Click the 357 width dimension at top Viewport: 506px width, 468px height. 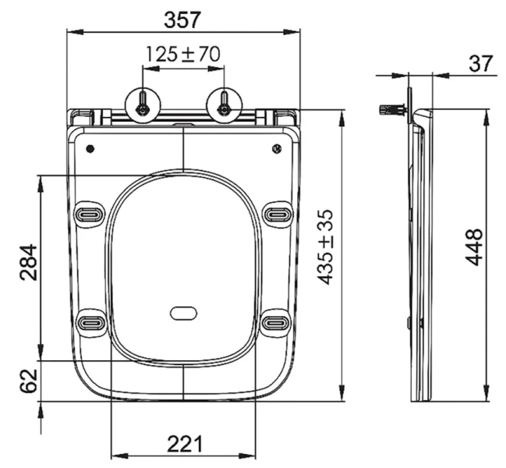183,16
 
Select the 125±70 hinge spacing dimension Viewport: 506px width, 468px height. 183,54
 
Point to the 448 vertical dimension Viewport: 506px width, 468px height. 473,248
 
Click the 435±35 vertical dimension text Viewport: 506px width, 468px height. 325,246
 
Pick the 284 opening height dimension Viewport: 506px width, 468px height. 26,265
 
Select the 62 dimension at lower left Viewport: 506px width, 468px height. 26,381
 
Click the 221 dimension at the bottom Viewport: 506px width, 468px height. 185,445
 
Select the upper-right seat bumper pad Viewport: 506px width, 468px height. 277,212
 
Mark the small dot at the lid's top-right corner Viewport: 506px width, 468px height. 276,148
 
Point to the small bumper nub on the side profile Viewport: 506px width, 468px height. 409,321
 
